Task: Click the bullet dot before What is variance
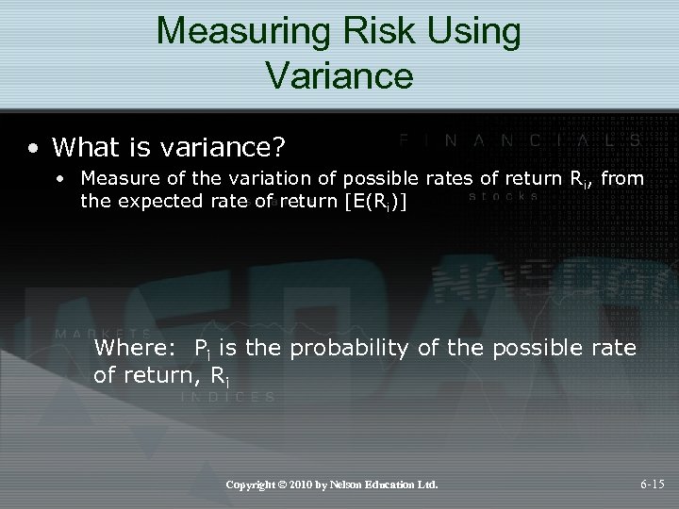33,148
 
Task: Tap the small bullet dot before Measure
60,177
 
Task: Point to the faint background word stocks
504,197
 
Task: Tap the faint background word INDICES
227,397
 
